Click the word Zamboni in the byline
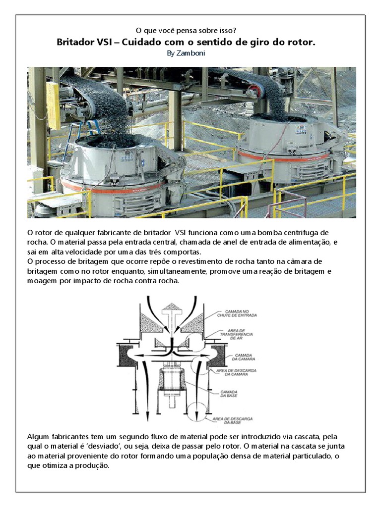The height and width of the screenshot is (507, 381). (x=194, y=53)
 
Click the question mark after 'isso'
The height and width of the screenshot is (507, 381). (x=242, y=31)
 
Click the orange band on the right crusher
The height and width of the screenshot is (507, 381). (x=278, y=157)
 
